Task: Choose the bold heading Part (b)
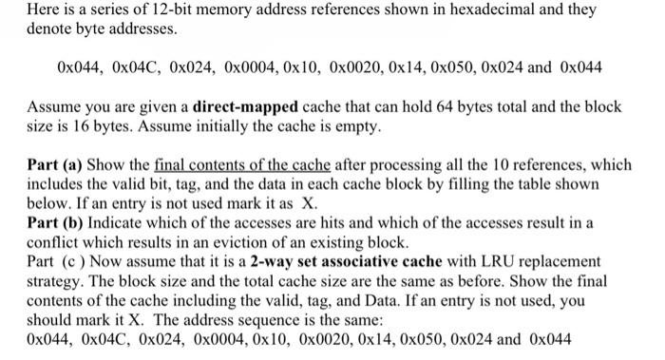[59, 223]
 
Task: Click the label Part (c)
[56, 260]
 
